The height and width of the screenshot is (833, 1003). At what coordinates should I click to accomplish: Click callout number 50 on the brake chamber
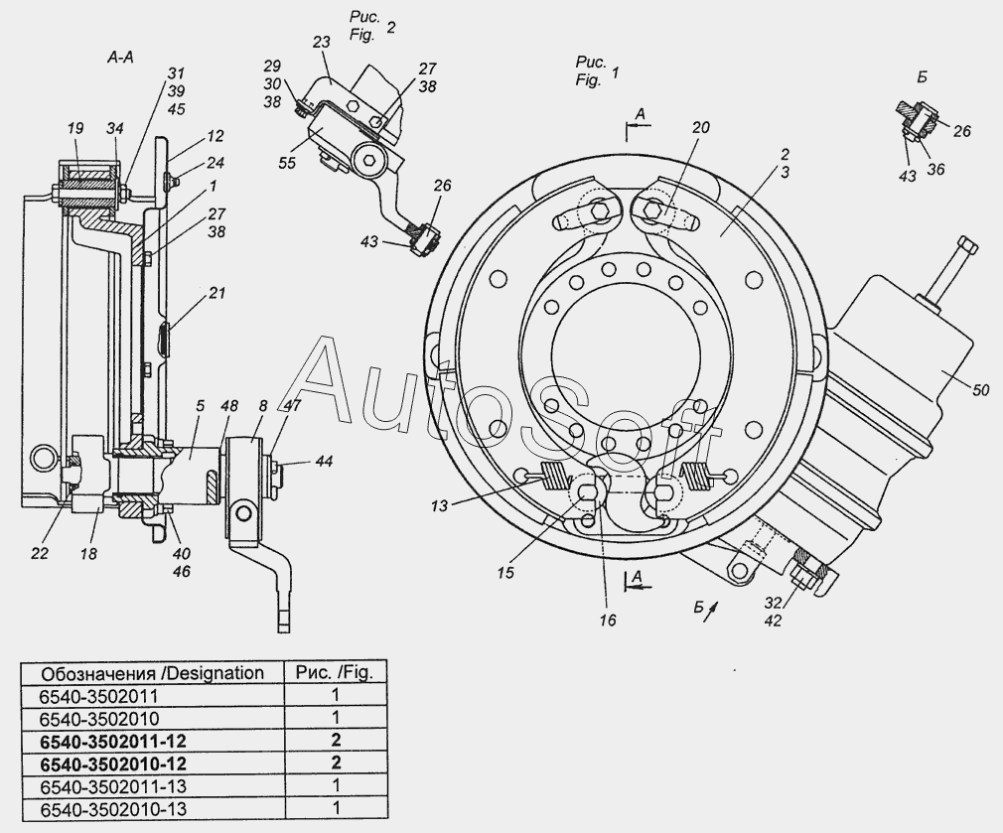pos(980,389)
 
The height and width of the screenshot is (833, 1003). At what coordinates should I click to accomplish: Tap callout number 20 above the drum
pos(701,127)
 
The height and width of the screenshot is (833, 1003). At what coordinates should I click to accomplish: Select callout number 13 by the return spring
pos(440,505)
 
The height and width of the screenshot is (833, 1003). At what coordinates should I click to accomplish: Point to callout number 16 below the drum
pos(608,620)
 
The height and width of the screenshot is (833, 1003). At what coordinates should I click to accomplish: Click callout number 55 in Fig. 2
pos(287,163)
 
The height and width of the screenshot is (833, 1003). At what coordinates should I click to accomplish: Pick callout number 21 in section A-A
pos(217,293)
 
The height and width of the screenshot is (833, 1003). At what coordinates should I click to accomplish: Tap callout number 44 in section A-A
pos(324,461)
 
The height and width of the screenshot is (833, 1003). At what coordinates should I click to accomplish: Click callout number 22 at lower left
pos(39,553)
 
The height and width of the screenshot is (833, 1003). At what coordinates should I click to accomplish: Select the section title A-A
pos(120,58)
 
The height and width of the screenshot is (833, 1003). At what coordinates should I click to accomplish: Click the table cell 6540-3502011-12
pos(113,741)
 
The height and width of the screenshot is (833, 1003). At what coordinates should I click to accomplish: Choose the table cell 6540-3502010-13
pos(113,809)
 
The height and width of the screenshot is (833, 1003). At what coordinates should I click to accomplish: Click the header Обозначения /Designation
pos(152,673)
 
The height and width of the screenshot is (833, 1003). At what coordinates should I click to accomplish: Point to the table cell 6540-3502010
pos(99,719)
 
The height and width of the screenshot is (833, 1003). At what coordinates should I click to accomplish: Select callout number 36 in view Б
pos(935,169)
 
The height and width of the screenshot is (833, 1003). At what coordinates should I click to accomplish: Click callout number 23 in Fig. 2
pos(321,42)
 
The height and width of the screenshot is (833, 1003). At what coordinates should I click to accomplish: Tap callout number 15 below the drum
pos(505,572)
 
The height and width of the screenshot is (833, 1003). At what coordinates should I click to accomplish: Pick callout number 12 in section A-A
pos(215,136)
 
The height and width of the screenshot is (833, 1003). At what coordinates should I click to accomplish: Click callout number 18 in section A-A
pos(88,554)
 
